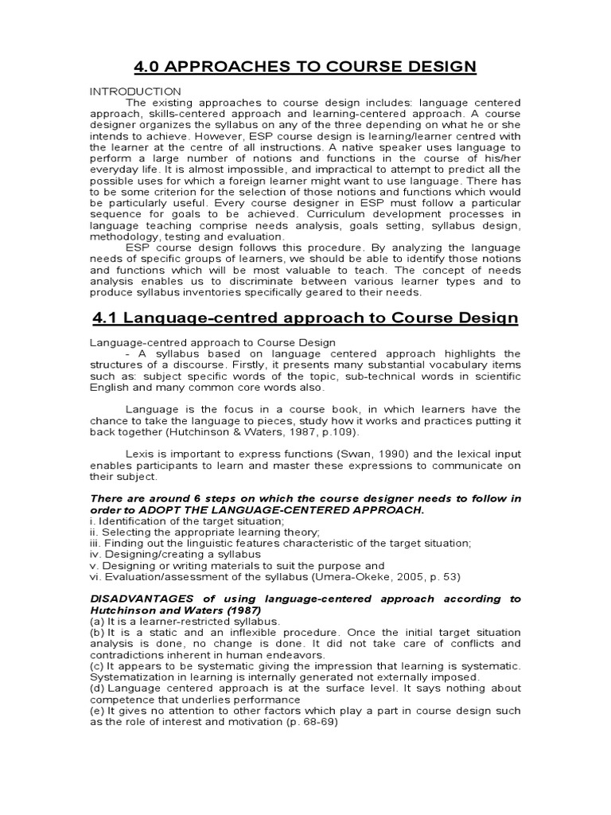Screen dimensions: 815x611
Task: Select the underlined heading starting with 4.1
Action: pos(305,318)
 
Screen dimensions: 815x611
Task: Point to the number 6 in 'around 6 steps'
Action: pos(193,499)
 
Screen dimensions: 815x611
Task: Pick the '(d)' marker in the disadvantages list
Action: pos(98,688)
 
